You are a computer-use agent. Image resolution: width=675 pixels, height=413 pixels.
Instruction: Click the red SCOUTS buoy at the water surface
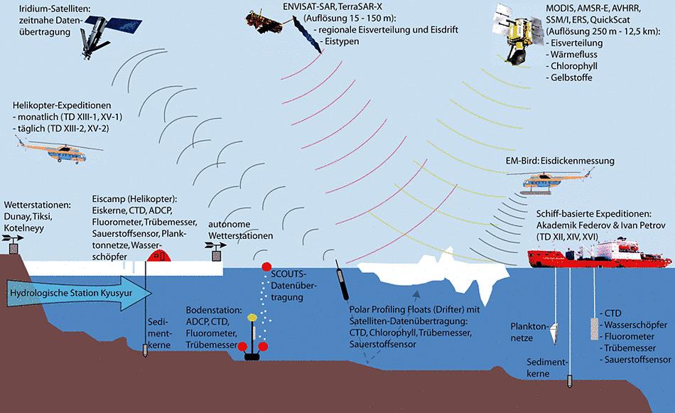[x=266, y=267]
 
